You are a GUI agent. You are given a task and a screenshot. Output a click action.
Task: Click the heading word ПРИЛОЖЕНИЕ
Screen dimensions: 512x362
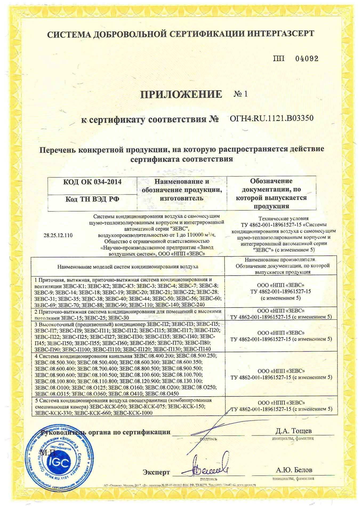(x=181, y=94)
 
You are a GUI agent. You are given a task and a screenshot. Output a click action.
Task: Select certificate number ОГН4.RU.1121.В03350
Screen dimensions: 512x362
(x=271, y=118)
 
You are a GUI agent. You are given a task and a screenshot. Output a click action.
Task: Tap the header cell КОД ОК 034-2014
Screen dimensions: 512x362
(x=92, y=182)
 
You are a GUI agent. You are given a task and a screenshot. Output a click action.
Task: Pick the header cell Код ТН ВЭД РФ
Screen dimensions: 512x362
(x=92, y=199)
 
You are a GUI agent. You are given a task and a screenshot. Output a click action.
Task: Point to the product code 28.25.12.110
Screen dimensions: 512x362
(x=58, y=235)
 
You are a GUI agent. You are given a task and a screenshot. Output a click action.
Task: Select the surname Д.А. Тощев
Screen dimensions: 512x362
(x=293, y=431)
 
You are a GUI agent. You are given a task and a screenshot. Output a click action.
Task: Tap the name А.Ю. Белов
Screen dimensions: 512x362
(x=294, y=470)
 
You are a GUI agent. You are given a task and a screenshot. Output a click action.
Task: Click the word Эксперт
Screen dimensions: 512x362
(x=156, y=472)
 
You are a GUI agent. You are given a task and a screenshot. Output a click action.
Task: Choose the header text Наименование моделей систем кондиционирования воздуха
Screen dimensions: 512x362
(x=128, y=266)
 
